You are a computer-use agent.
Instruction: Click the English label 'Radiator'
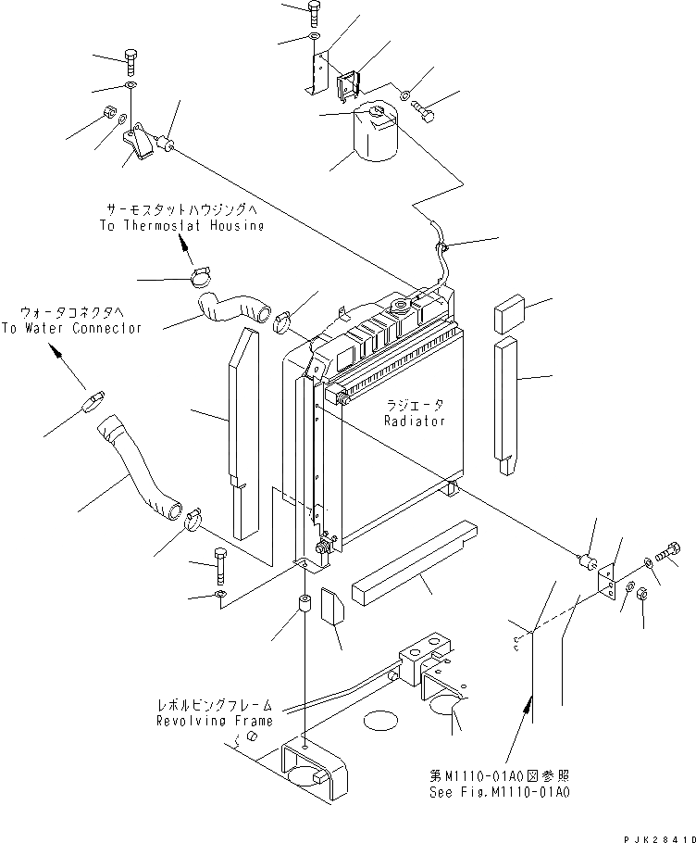[415, 421]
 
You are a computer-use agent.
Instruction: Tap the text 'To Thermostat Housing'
[182, 225]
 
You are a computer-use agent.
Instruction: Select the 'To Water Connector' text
[71, 328]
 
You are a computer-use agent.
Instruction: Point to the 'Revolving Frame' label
[215, 721]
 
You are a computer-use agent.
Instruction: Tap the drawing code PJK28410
[660, 838]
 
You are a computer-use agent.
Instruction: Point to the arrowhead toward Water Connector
[55, 350]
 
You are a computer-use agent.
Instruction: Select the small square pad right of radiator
[508, 313]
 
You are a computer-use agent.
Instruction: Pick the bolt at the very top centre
[315, 13]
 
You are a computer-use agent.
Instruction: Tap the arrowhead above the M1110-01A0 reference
[530, 701]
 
